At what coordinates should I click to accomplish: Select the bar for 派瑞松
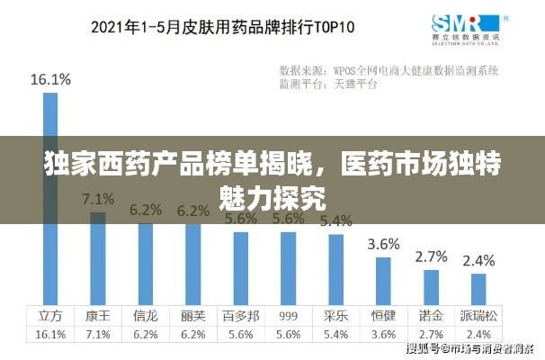(x=478, y=289)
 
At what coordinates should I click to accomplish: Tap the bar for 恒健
(x=383, y=282)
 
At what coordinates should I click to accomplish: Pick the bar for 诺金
(x=431, y=287)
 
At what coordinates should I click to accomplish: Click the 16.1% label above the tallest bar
(x=50, y=79)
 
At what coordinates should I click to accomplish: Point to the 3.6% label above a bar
(x=384, y=244)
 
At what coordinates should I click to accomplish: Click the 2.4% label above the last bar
(x=478, y=260)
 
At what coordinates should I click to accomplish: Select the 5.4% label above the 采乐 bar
(x=335, y=220)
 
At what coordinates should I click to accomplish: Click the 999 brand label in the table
(x=288, y=316)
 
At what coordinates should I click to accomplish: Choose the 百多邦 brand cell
(x=240, y=316)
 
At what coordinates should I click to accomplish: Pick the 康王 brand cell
(x=98, y=316)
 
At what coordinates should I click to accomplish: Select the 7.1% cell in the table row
(x=98, y=334)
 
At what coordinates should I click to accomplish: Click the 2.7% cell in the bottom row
(x=431, y=334)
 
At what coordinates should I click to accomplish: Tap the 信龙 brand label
(x=145, y=316)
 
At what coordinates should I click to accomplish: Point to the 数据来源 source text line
(x=389, y=69)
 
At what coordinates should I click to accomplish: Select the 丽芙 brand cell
(x=192, y=316)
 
